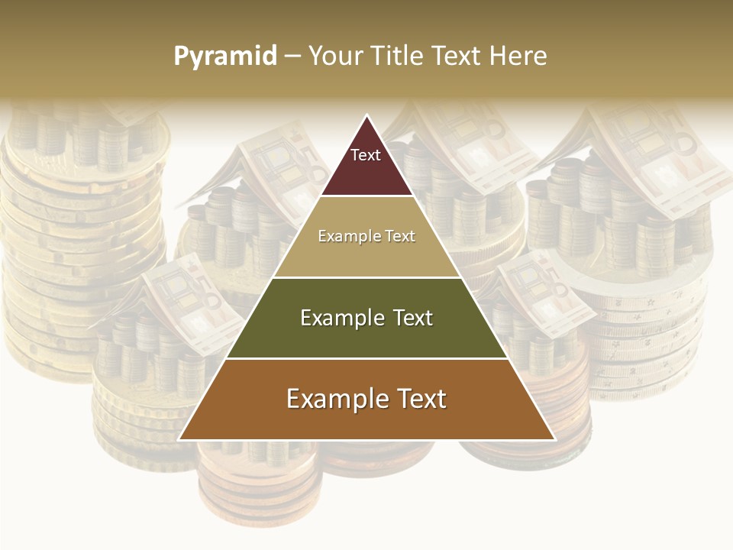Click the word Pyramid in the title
[x=224, y=57]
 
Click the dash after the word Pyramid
[x=292, y=57]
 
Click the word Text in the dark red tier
[x=366, y=155]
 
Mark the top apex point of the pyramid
[x=366, y=116]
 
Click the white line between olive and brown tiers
[x=366, y=358]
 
